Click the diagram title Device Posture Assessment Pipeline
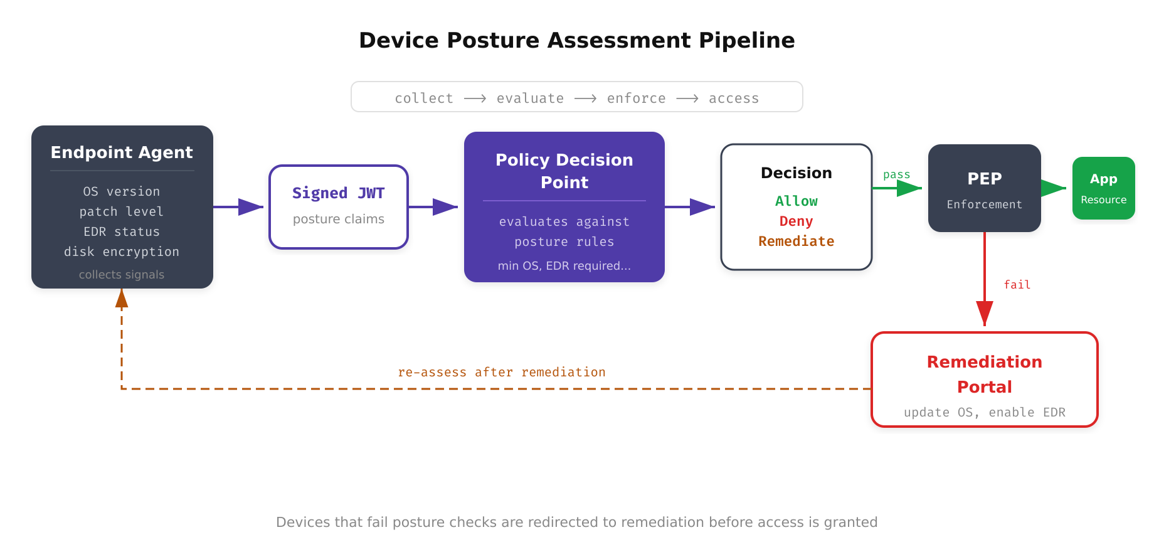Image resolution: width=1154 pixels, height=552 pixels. point(576,40)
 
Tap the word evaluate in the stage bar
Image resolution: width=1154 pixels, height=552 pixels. point(530,98)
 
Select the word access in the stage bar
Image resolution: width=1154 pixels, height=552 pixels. point(733,98)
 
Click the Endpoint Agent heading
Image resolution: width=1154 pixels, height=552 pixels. point(122,152)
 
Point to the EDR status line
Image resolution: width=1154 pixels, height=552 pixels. point(122,231)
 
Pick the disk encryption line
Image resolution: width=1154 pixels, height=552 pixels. point(122,252)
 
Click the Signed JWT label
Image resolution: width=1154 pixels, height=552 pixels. point(338,193)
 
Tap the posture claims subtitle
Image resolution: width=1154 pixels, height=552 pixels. point(338,219)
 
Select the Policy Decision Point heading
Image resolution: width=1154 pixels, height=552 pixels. point(564,171)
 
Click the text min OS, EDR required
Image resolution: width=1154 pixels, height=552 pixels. point(564,265)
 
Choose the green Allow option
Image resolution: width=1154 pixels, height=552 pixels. point(796,201)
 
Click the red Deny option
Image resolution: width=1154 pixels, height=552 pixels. point(796,221)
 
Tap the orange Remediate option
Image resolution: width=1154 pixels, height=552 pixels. point(796,242)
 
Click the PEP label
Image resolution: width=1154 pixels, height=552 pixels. point(984,179)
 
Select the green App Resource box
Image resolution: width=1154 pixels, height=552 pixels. point(1103,188)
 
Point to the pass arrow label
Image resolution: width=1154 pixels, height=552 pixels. point(896,174)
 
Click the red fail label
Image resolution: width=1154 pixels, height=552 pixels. point(1017,285)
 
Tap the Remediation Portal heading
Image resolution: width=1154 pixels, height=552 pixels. point(984,374)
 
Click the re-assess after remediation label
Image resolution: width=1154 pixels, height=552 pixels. point(501,372)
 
